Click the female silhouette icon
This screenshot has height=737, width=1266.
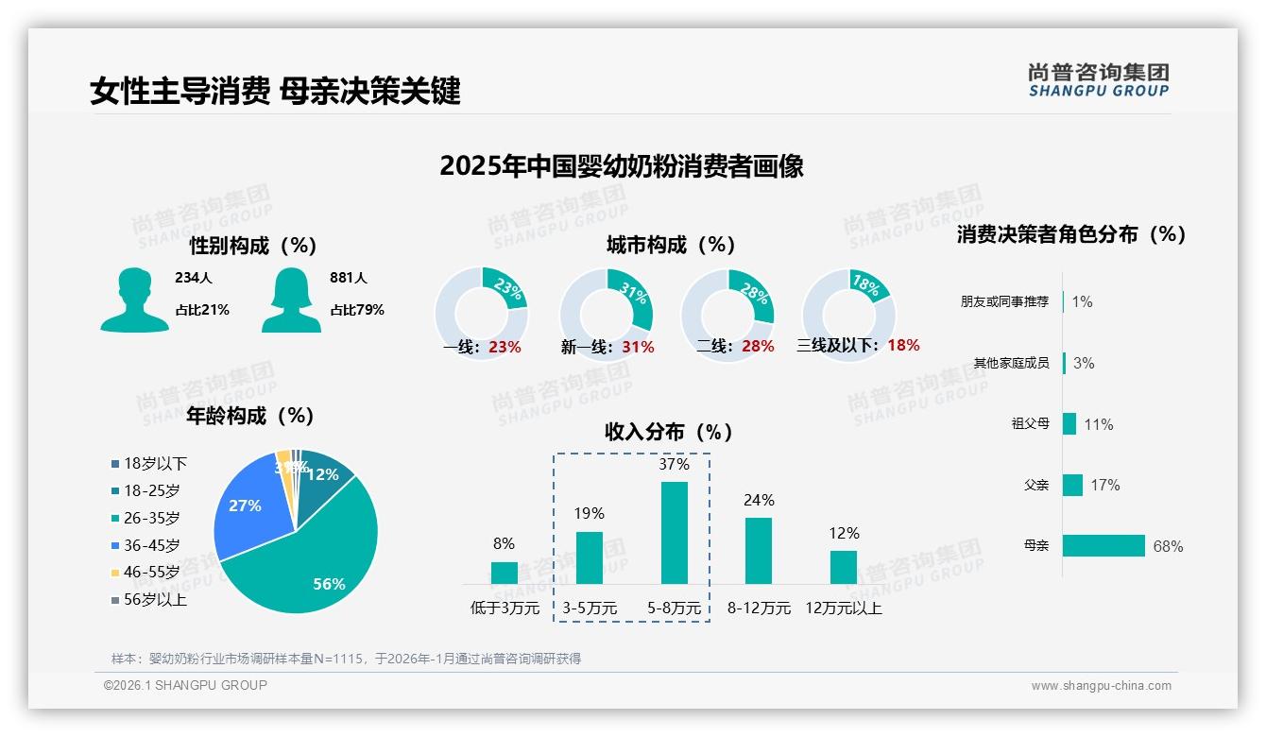tap(290, 300)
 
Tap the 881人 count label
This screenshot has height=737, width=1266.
tap(349, 278)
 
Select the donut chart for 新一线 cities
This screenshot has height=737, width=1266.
tap(607, 314)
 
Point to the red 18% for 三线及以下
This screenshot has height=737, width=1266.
tap(903, 345)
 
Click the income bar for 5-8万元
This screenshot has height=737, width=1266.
tap(675, 532)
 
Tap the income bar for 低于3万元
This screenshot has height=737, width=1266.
tap(505, 573)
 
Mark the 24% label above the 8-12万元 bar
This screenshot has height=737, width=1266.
tap(759, 500)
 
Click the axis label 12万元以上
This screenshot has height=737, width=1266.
tap(844, 608)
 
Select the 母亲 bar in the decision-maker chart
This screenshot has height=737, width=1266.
tap(1103, 545)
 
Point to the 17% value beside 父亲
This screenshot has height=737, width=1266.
tap(1105, 485)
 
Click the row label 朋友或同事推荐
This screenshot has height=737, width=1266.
tap(1004, 301)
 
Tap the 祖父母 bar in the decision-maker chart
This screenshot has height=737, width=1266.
tap(1069, 423)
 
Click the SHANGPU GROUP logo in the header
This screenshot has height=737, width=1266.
tap(1098, 80)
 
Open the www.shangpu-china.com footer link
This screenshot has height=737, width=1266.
tap(1101, 686)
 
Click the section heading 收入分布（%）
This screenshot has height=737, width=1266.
tap(669, 432)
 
